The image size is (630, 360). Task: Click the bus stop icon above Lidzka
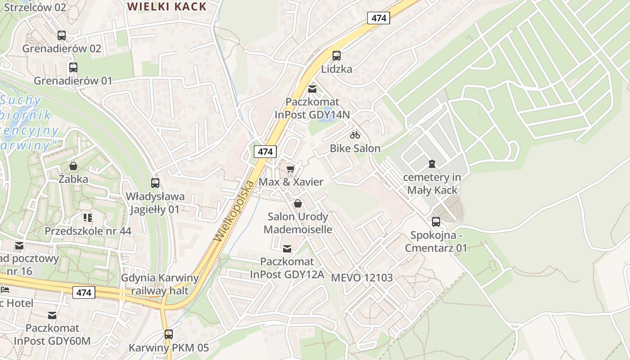[x=336, y=56]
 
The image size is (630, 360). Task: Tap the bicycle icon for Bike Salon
[x=355, y=135]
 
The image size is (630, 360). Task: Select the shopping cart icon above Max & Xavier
[x=291, y=169]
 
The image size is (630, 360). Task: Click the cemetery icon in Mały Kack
[x=432, y=163]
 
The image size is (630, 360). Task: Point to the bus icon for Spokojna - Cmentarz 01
[x=436, y=221]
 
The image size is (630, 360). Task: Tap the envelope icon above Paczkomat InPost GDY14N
[x=312, y=89]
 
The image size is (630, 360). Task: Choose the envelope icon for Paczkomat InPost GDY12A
[x=287, y=248]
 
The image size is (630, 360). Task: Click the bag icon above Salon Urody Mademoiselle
[x=297, y=203]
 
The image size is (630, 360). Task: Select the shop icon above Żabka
[x=73, y=166]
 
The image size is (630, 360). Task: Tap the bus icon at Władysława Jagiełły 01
[x=155, y=183]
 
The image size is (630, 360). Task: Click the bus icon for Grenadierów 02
[x=62, y=35]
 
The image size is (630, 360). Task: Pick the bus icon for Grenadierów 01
[x=73, y=67]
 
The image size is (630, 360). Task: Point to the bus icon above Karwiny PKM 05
[x=168, y=334]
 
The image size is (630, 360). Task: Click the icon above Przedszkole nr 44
[x=88, y=218]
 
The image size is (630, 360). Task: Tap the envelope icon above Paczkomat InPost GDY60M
[x=52, y=315]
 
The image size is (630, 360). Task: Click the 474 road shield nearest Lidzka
[x=378, y=18]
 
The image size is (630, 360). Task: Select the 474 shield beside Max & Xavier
[x=265, y=152]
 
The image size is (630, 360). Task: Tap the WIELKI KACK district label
[x=166, y=7]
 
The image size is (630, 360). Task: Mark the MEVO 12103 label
[x=362, y=278]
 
